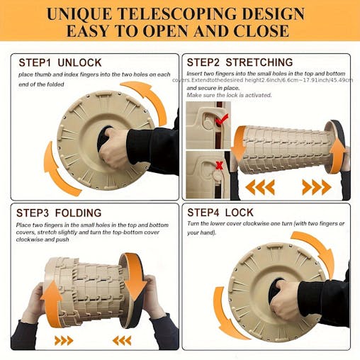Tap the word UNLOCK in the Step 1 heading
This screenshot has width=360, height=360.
[x=79, y=63]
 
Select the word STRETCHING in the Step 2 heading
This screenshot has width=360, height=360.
[x=259, y=62]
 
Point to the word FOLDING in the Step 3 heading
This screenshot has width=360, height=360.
[x=78, y=213]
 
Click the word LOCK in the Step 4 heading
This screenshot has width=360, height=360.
[x=239, y=213]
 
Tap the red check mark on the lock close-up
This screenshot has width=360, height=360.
[x=222, y=120]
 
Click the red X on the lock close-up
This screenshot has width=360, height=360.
[x=220, y=165]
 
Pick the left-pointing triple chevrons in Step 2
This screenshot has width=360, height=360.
[x=260, y=187]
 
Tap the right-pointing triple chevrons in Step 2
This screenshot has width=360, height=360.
[x=317, y=187]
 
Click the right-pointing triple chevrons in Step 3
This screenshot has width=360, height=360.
[x=64, y=341]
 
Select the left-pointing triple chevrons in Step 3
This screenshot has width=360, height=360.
[x=122, y=341]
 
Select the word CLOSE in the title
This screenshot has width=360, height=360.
[x=261, y=30]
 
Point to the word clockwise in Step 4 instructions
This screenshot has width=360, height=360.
[x=254, y=223]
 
